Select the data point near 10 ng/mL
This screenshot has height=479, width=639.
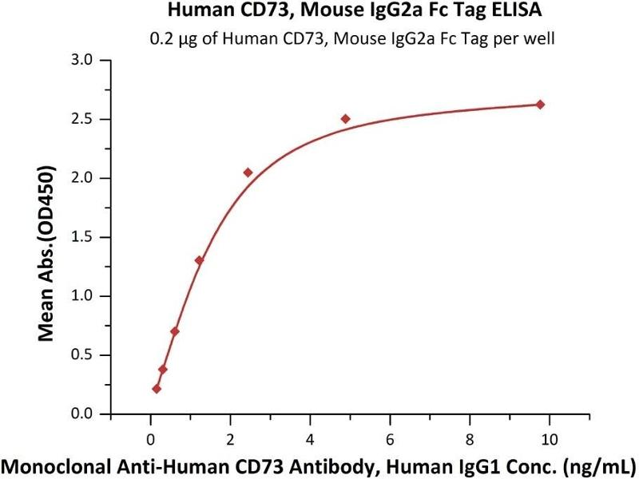pyautogui.click(x=540, y=105)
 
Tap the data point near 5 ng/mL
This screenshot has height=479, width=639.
pyautogui.click(x=345, y=119)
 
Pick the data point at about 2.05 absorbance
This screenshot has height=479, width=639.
pyautogui.click(x=248, y=172)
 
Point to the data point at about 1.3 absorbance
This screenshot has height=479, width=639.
pyautogui.click(x=199, y=260)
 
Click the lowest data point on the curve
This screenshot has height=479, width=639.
pyautogui.click(x=157, y=389)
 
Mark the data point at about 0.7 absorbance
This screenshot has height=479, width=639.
pyautogui.click(x=175, y=331)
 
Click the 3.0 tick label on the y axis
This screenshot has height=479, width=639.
pyautogui.click(x=82, y=61)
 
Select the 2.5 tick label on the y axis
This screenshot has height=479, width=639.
pyautogui.click(x=82, y=120)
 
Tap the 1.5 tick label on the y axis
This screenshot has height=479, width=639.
pyautogui.click(x=82, y=237)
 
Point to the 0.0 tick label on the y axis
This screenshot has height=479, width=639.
pyautogui.click(x=82, y=414)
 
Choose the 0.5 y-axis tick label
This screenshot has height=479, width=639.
pyautogui.click(x=82, y=355)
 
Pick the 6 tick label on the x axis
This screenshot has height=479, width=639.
pyautogui.click(x=390, y=438)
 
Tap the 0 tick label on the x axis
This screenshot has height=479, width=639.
pyautogui.click(x=150, y=438)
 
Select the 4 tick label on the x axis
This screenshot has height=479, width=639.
pyautogui.click(x=310, y=438)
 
